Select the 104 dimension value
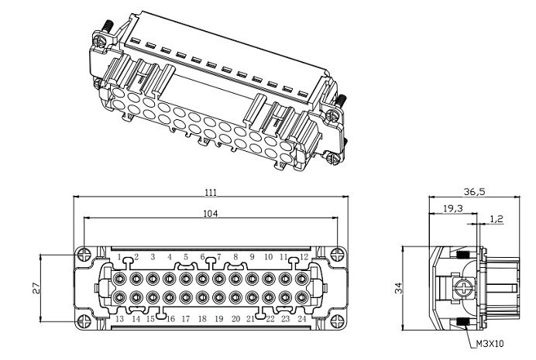pyautogui.click(x=211, y=213)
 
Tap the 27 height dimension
pyautogui.click(x=36, y=287)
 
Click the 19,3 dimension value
pyautogui.click(x=453, y=208)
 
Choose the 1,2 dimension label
pyautogui.click(x=496, y=219)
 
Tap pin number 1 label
pyautogui.click(x=119, y=256)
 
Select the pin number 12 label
pyautogui.click(x=304, y=256)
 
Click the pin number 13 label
pyautogui.click(x=119, y=319)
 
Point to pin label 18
pyautogui.click(x=202, y=319)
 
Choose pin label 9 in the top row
pyautogui.click(x=251, y=256)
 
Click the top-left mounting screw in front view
pyautogui.click(x=84, y=252)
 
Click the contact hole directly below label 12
pyautogui.click(x=302, y=277)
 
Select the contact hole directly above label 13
pyautogui.click(x=120, y=297)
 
